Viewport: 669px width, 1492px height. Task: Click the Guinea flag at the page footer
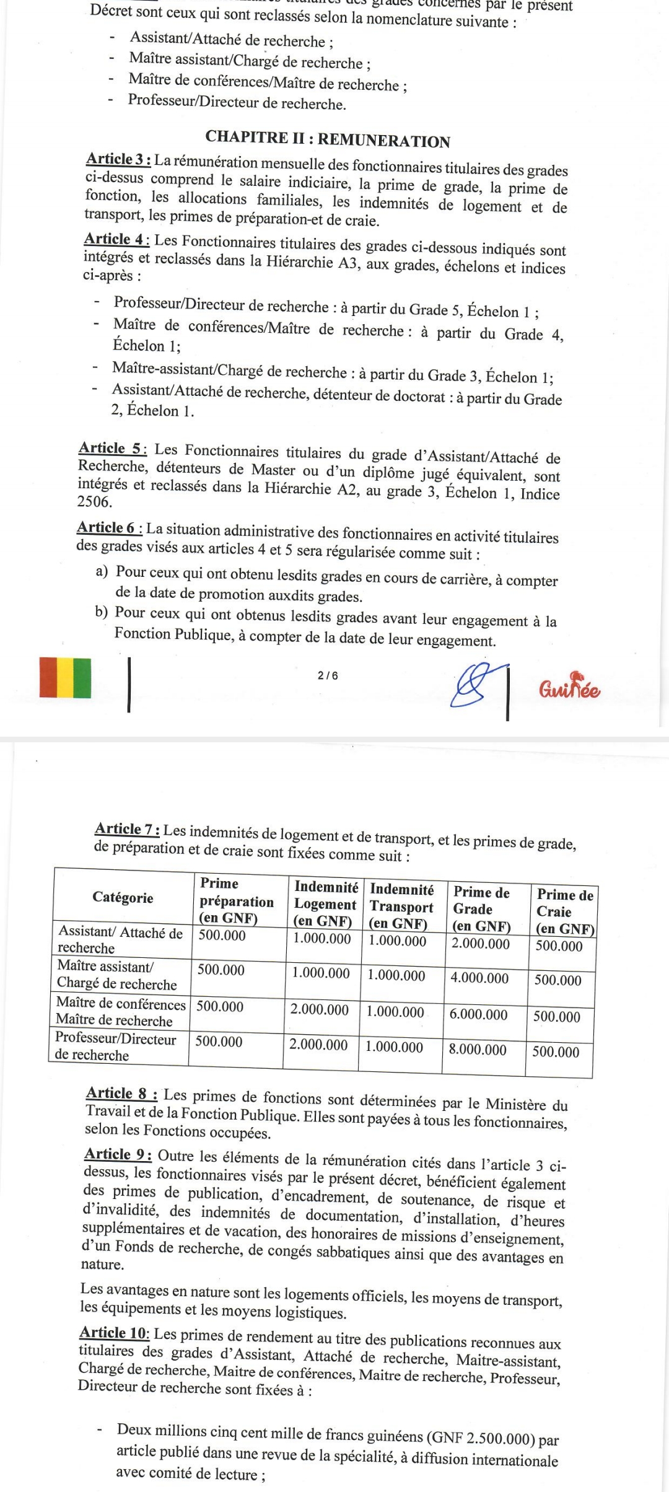click(65, 677)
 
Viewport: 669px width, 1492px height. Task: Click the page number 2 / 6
click(328, 675)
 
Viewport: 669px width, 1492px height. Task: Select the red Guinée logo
click(571, 687)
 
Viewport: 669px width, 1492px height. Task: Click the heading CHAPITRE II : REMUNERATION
click(328, 139)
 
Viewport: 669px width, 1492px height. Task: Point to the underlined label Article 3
click(118, 159)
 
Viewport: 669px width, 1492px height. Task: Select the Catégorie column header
click(123, 897)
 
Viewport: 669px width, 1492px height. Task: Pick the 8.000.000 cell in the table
click(478, 1050)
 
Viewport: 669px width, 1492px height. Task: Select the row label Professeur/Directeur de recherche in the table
click(115, 1047)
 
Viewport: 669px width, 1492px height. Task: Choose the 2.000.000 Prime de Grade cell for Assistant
click(480, 944)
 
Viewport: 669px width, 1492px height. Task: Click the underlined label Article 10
click(115, 1332)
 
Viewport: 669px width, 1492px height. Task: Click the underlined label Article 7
click(128, 828)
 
